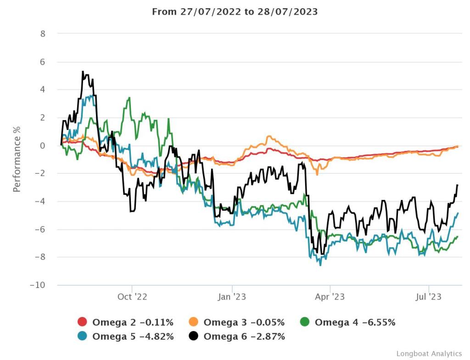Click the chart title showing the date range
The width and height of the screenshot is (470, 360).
click(235, 11)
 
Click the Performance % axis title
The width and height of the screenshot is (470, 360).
click(17, 159)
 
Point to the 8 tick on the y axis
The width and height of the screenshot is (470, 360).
click(43, 33)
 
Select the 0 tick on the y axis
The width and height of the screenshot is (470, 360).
click(43, 145)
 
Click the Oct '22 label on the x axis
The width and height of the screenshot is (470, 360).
click(132, 297)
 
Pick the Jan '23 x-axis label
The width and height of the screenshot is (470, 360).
click(232, 297)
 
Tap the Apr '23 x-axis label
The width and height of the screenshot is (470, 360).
click(330, 297)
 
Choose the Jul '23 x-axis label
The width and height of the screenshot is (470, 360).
click(429, 297)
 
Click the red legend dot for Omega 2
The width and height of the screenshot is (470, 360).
click(83, 322)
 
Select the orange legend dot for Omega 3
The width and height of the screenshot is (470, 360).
click(194, 322)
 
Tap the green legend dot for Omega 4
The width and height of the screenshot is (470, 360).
click(305, 322)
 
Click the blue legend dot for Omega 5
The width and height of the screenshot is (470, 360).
click(83, 336)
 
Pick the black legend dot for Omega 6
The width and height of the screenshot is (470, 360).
click(194, 336)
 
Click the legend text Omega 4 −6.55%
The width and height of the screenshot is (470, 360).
click(355, 322)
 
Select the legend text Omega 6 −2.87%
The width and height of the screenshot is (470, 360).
click(244, 336)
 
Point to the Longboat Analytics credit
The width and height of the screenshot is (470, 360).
click(429, 353)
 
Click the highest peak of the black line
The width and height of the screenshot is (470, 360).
click(83, 72)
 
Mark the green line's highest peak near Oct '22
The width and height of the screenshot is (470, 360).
click(130, 97)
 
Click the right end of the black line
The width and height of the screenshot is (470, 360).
click(458, 185)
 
